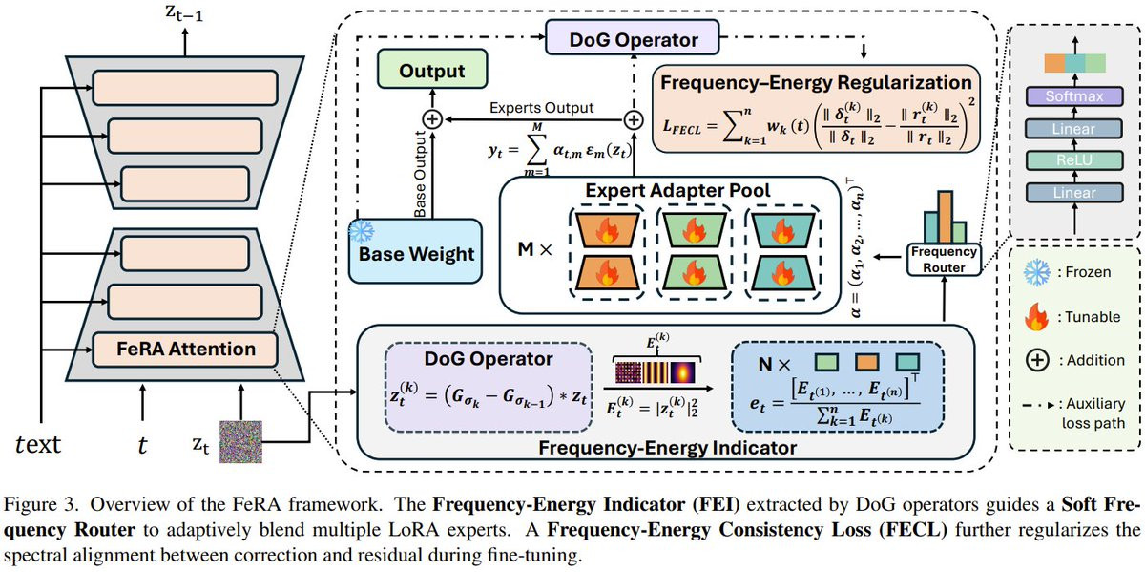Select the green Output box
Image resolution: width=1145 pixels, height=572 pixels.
point(431,72)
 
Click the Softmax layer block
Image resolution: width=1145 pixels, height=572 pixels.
point(1072,97)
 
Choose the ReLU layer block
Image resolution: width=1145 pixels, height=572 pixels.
point(1072,163)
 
